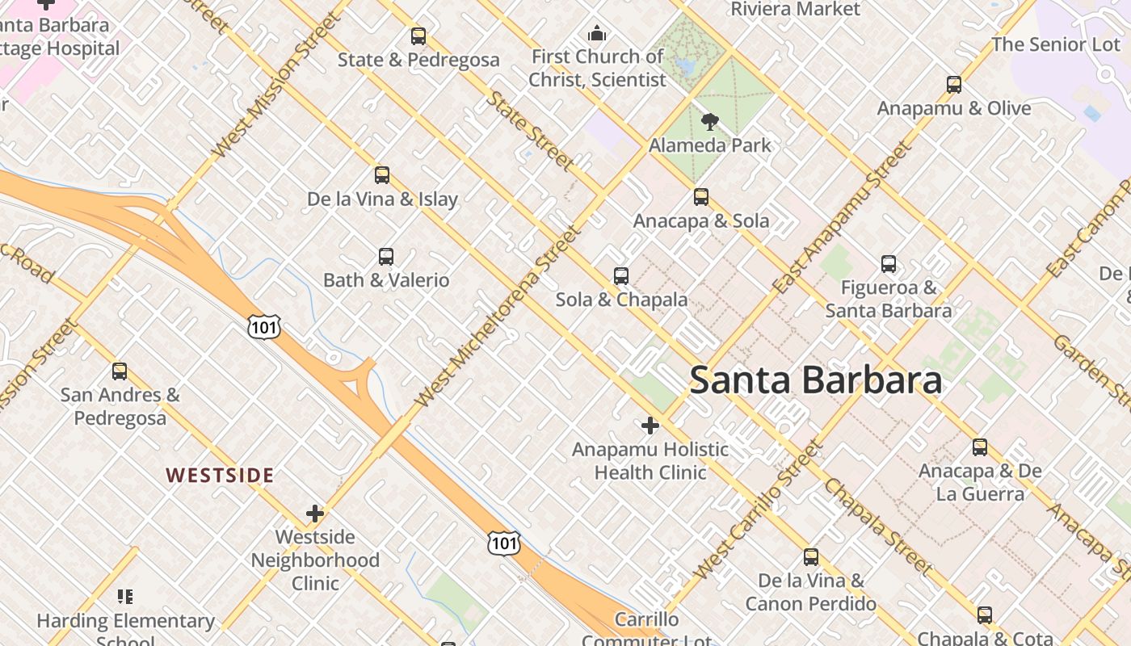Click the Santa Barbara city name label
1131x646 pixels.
click(815, 380)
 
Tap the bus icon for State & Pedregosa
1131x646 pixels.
click(418, 36)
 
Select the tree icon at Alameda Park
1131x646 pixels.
click(710, 122)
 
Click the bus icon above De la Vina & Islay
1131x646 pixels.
click(382, 175)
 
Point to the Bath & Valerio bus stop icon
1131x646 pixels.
click(386, 257)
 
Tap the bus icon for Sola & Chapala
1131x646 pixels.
click(620, 276)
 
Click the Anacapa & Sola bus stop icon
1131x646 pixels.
click(701, 197)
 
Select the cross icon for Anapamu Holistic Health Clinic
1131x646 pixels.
click(650, 426)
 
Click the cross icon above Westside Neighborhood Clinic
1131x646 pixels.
click(315, 514)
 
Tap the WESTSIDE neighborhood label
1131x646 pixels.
click(220, 475)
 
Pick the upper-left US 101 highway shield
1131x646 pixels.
click(264, 326)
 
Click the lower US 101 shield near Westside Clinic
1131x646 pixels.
click(503, 543)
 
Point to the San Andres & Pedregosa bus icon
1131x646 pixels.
click(120, 371)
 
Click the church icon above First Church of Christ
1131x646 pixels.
click(597, 33)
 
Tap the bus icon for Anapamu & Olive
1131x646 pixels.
click(953, 85)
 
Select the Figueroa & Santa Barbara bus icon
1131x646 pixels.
click(889, 264)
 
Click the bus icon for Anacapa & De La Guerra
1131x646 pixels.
click(980, 447)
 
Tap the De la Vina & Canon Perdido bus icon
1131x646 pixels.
click(811, 557)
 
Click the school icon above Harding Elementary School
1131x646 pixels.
click(125, 597)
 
